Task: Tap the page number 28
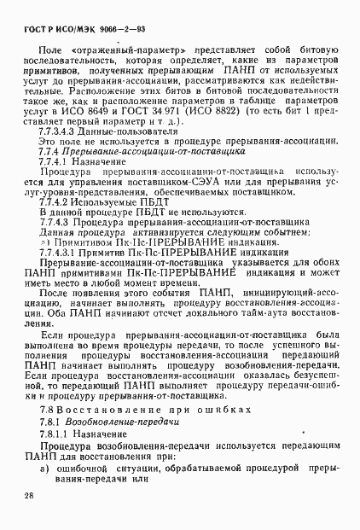(x=30, y=496)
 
